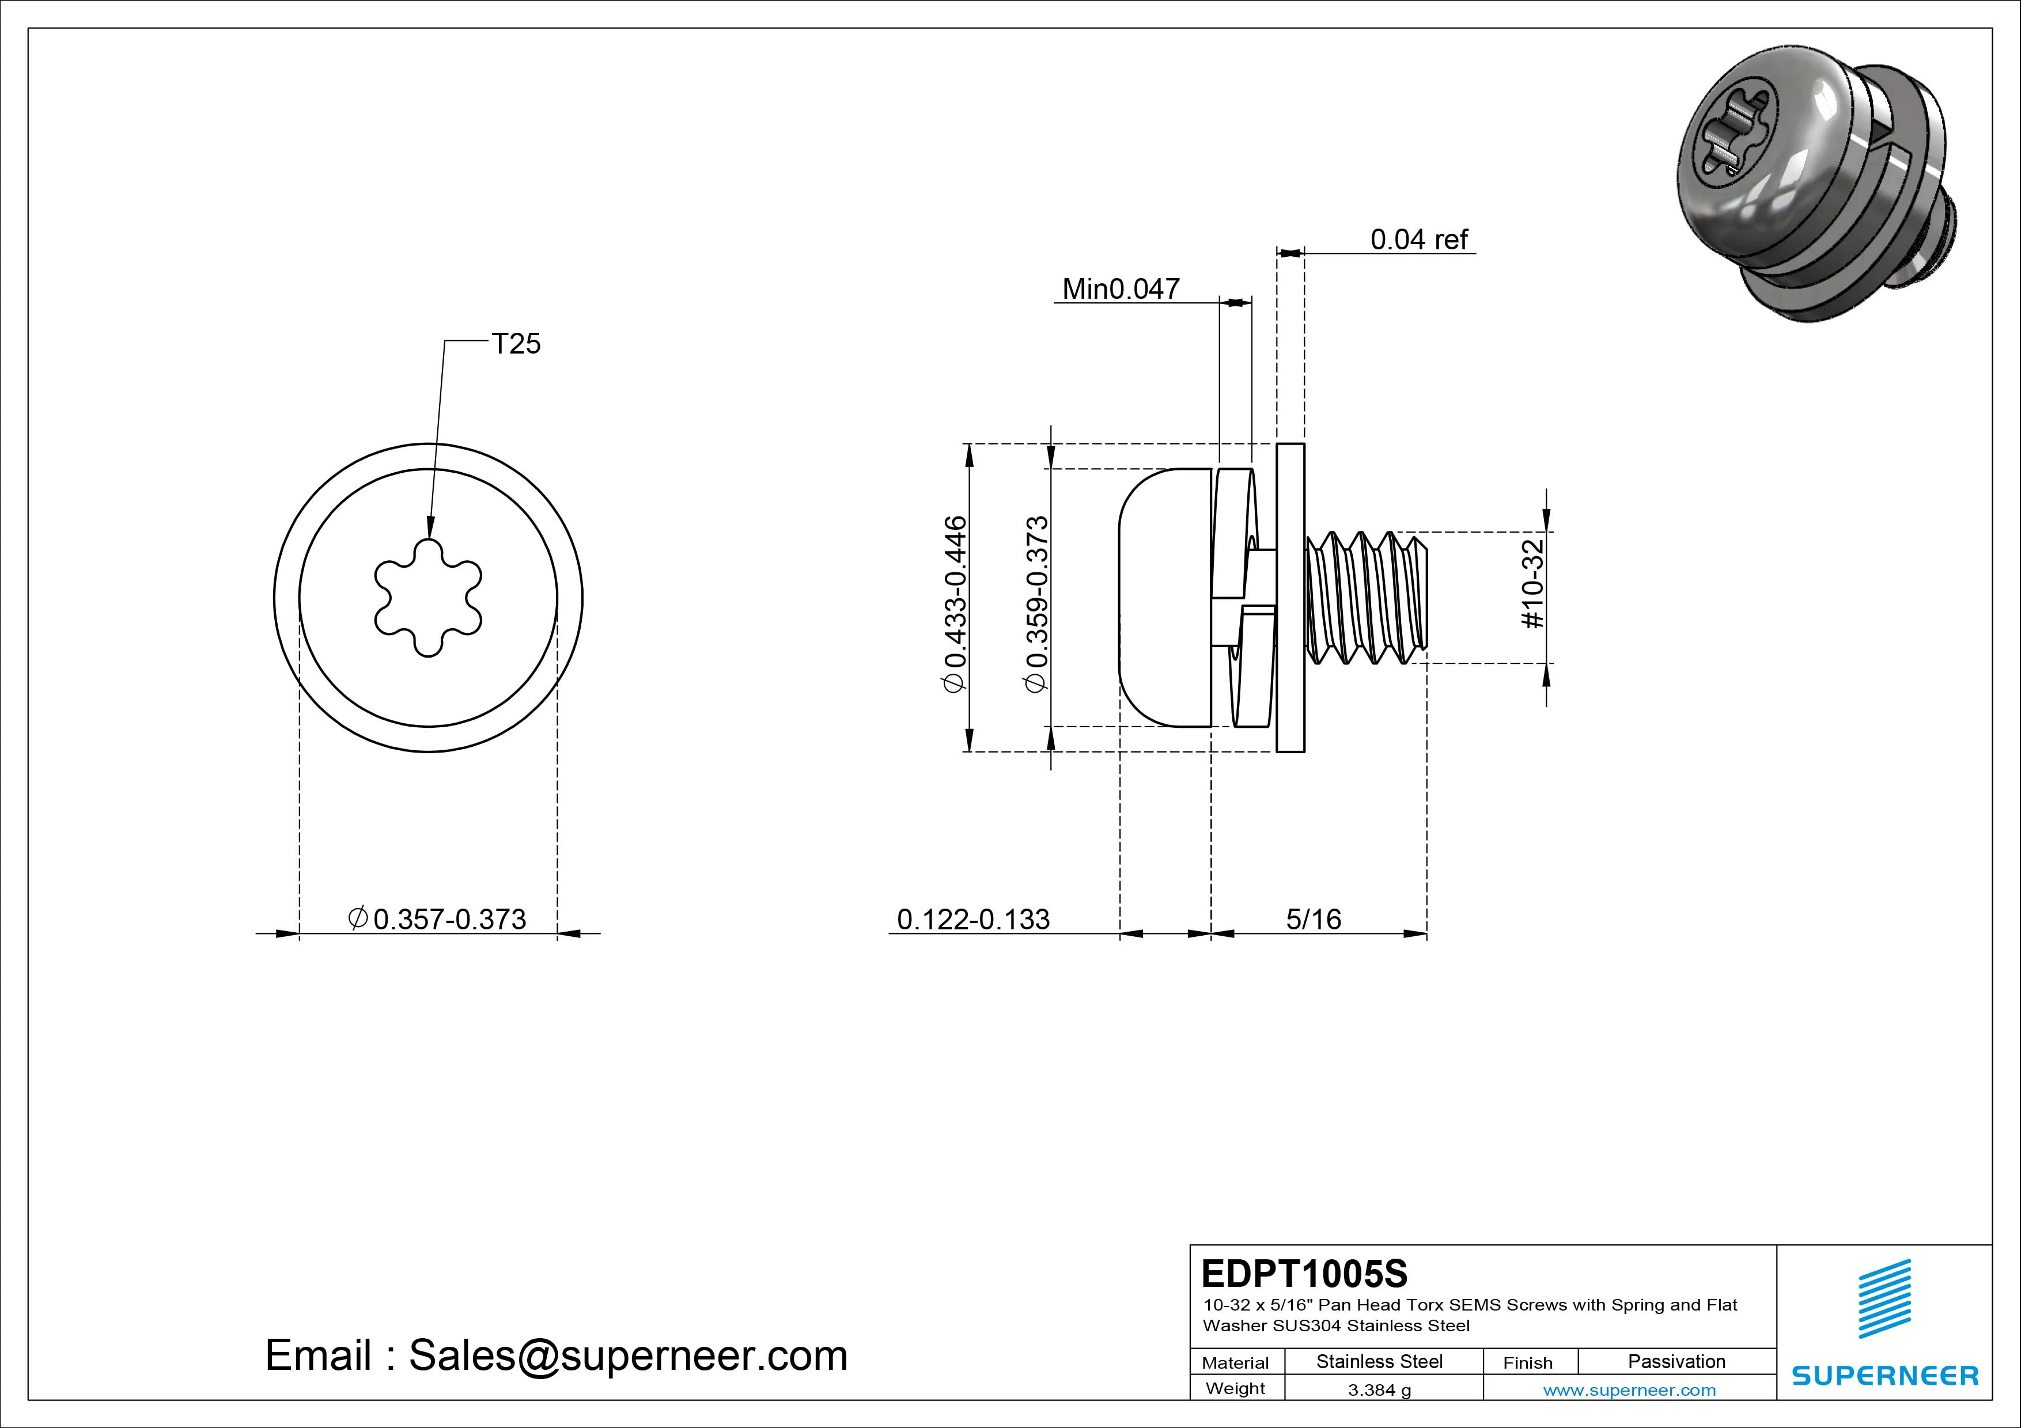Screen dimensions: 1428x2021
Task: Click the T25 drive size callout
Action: pyautogui.click(x=516, y=344)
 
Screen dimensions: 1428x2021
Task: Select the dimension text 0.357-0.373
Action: pyautogui.click(x=449, y=920)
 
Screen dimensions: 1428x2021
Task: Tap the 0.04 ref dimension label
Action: pyautogui.click(x=1419, y=240)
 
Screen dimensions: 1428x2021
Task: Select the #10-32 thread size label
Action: pyautogui.click(x=1532, y=584)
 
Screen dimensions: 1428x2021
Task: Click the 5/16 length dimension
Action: pyautogui.click(x=1314, y=920)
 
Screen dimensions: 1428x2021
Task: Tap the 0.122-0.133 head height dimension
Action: pyautogui.click(x=972, y=920)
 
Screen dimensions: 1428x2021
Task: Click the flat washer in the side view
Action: pyautogui.click(x=1290, y=598)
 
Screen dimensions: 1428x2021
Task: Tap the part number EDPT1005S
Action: pyautogui.click(x=1304, y=1273)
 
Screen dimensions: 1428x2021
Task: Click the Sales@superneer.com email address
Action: pyautogui.click(x=627, y=1356)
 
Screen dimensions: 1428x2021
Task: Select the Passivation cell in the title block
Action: pyautogui.click(x=1676, y=1361)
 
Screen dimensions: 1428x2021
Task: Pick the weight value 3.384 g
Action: pyautogui.click(x=1379, y=1390)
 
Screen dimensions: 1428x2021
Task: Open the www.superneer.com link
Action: pyautogui.click(x=1629, y=1390)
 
